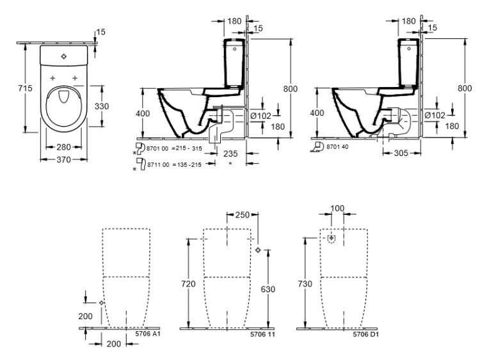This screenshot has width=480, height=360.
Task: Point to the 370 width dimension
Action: pyautogui.click(x=62, y=160)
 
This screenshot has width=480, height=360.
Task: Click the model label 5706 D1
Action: pyautogui.click(x=366, y=333)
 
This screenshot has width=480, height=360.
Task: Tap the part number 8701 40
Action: pyautogui.click(x=338, y=147)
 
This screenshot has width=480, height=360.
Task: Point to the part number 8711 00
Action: pyautogui.click(x=157, y=165)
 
